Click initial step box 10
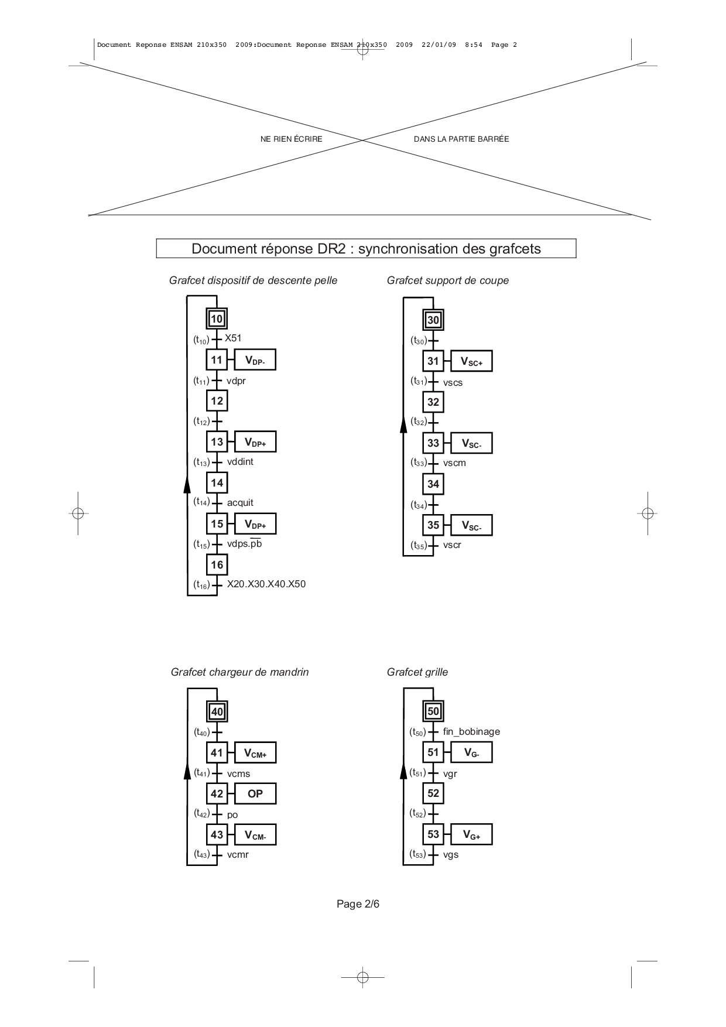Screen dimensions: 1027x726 (217, 319)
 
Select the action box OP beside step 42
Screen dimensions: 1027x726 (255, 794)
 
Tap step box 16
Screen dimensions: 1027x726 (217, 565)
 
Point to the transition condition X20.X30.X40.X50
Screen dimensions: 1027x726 (266, 584)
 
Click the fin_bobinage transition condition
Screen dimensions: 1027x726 (471, 731)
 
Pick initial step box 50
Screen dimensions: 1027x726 (433, 711)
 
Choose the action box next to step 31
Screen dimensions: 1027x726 (471, 361)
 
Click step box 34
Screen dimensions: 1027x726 (433, 484)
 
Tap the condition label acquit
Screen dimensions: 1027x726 (240, 503)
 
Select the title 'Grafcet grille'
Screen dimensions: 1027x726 (417, 672)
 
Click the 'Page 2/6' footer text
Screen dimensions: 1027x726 (358, 904)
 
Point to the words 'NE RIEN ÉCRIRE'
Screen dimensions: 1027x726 (291, 139)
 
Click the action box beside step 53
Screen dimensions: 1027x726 (471, 834)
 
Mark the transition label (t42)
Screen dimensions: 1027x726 (201, 813)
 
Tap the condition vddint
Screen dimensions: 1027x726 (240, 462)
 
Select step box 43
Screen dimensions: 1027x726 (217, 834)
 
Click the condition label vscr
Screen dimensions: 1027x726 (452, 545)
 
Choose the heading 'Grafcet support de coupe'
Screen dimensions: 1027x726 (448, 280)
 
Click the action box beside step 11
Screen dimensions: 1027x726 (255, 360)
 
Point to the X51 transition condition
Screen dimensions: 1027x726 (233, 338)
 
